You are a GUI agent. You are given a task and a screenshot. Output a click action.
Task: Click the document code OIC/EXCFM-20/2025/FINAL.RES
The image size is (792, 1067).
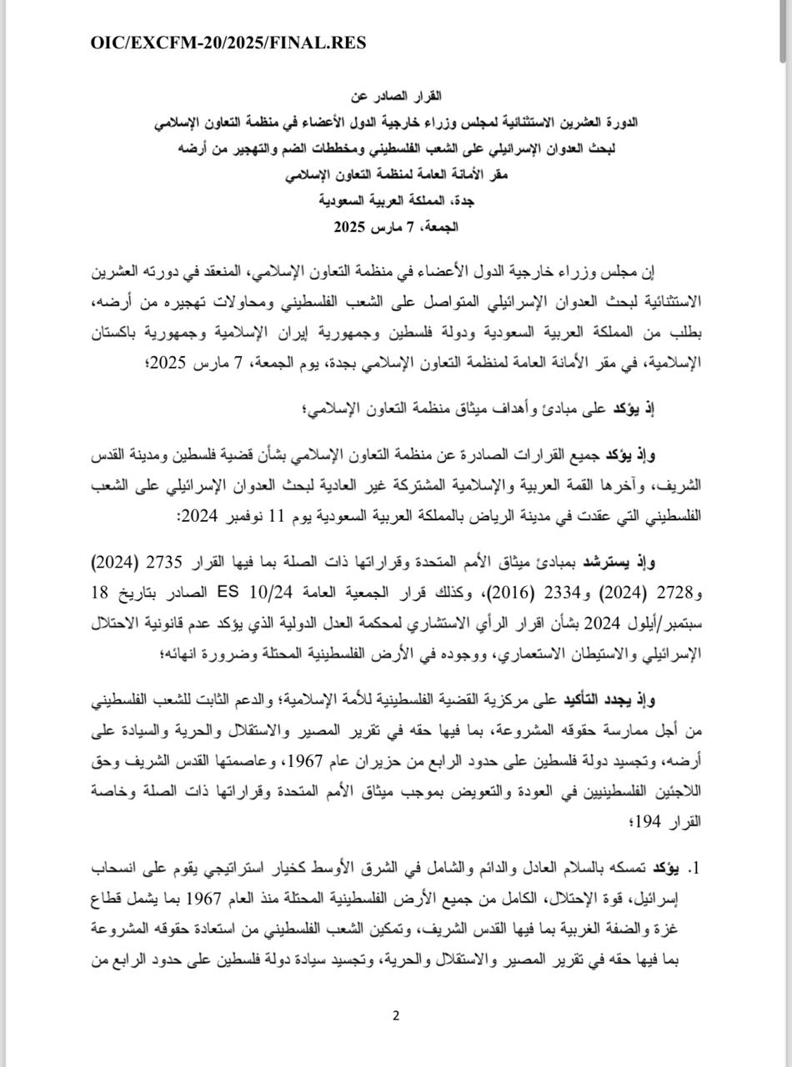point(228,43)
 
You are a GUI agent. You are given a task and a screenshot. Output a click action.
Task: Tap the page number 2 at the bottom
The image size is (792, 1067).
point(396,1014)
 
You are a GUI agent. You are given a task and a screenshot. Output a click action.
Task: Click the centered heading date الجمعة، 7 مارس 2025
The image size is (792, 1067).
point(396,226)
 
